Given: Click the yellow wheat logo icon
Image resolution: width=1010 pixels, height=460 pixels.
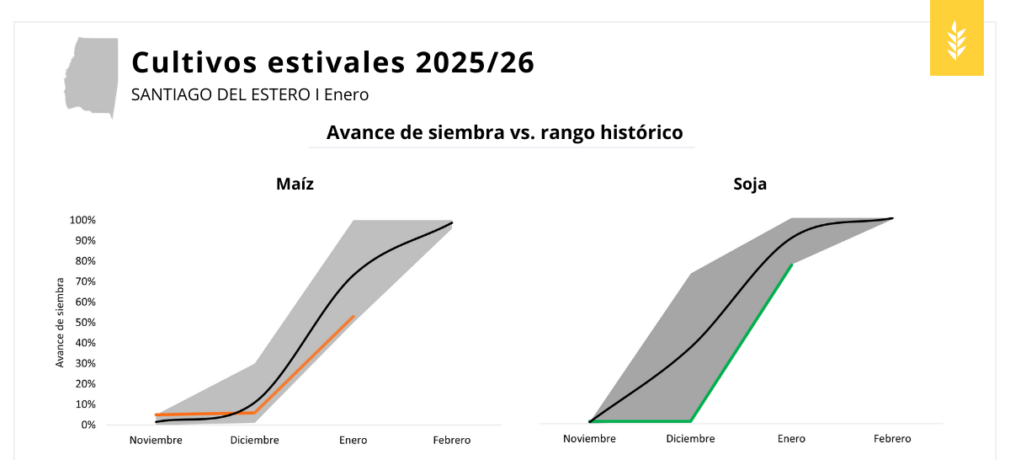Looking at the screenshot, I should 957,40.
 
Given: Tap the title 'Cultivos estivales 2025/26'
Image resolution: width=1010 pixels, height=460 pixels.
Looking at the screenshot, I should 332,63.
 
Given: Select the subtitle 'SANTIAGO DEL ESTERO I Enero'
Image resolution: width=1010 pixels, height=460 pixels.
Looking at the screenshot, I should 250,94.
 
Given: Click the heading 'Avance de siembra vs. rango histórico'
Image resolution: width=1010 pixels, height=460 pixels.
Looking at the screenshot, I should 503,132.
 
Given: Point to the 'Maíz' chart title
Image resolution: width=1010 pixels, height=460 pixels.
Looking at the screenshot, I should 295,184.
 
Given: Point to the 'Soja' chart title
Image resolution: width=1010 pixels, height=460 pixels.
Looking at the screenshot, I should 749,184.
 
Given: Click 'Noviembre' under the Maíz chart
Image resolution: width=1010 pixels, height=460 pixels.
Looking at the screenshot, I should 156,440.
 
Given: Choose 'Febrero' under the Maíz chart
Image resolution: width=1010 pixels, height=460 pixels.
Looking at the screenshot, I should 452,440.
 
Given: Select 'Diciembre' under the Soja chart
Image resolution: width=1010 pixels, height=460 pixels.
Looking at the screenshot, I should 690,438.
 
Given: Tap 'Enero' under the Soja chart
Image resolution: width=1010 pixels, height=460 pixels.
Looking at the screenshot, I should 791,438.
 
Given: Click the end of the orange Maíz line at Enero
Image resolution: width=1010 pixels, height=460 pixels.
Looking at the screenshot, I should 353,316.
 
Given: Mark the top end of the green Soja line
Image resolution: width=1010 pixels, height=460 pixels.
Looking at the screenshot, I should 792,265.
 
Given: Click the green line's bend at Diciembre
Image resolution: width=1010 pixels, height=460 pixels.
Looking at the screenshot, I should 691,420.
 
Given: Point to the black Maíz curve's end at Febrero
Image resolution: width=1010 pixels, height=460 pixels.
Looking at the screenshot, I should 452,222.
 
